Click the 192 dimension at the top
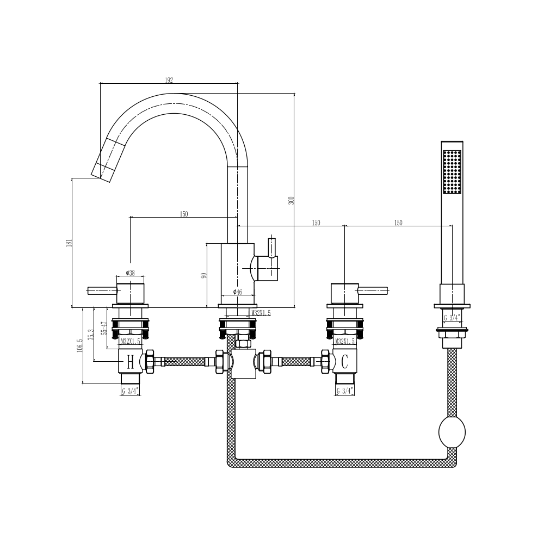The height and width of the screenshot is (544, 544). [169, 80]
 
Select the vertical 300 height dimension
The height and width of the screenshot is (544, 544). [291, 200]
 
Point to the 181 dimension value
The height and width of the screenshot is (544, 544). [69, 243]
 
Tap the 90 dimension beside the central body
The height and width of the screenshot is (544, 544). [204, 275]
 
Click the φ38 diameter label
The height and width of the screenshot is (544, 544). [130, 273]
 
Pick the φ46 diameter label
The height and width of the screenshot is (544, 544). [238, 292]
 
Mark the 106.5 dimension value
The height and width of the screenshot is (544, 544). [79, 346]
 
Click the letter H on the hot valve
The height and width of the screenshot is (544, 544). [130, 361]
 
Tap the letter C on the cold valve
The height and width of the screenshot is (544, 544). [344, 361]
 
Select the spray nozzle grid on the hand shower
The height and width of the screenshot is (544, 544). [452, 171]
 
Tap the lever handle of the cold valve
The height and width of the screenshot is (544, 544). [373, 290]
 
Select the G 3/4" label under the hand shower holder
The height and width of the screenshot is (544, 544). [452, 317]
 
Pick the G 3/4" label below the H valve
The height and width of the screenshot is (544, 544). [131, 391]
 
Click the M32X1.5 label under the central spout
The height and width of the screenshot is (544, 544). [261, 313]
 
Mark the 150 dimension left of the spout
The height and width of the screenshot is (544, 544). [184, 214]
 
